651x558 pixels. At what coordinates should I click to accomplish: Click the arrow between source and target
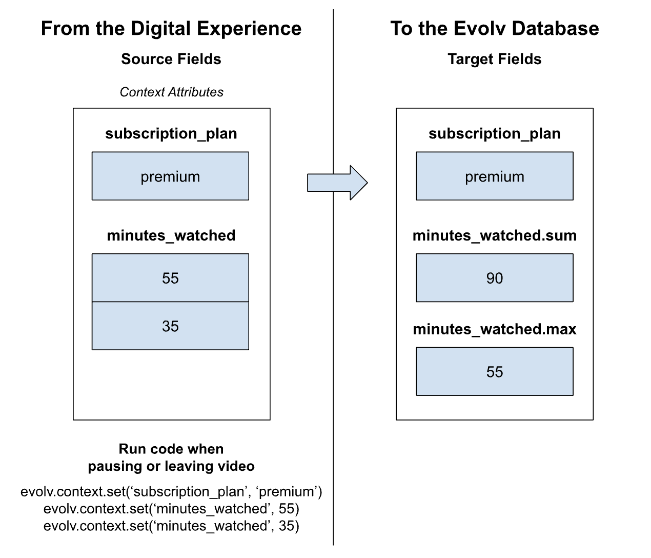(337, 183)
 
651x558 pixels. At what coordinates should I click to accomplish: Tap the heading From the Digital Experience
(171, 28)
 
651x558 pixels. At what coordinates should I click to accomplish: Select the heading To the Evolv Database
(495, 28)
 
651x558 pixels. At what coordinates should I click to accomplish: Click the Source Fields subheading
(171, 59)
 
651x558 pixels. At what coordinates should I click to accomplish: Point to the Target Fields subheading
(495, 59)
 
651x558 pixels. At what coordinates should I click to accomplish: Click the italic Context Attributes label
(171, 92)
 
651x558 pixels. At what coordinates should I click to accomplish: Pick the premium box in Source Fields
(170, 176)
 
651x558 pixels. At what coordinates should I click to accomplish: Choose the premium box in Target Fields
(495, 176)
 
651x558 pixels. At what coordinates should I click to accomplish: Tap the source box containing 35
(170, 326)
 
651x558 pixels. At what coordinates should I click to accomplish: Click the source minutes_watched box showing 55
(170, 277)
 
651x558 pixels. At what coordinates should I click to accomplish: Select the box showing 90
(495, 277)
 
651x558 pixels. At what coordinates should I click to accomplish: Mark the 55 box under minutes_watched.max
(495, 371)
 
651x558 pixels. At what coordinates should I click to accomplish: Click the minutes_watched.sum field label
(495, 235)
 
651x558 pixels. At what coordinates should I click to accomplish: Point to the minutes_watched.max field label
(495, 329)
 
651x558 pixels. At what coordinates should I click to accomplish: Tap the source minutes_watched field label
(171, 235)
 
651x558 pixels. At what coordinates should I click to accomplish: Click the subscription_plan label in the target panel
(495, 133)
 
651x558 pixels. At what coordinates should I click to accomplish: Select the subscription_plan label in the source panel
(171, 133)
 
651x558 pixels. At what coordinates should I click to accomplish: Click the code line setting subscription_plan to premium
(171, 492)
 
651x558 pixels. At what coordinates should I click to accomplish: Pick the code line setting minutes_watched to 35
(171, 526)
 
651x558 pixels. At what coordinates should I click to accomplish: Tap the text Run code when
(171, 449)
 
